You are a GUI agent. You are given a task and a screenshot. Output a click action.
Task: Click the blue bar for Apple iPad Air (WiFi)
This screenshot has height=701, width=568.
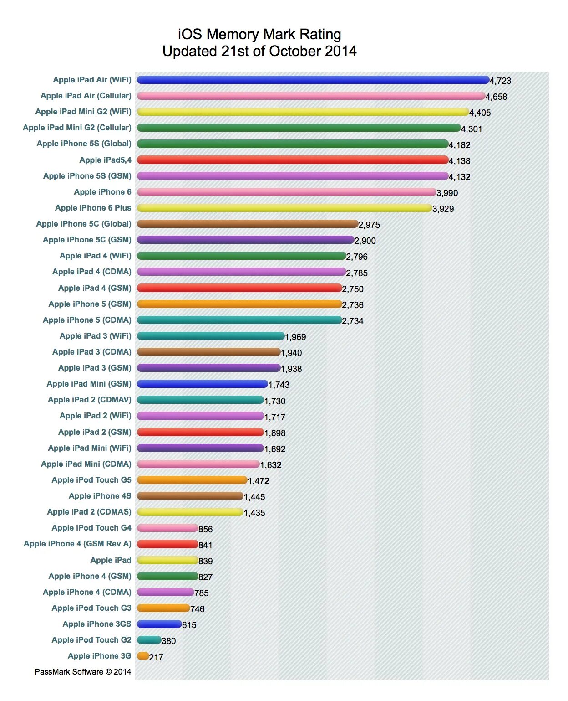tap(313, 80)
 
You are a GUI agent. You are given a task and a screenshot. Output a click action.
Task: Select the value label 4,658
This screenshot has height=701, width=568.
tap(496, 97)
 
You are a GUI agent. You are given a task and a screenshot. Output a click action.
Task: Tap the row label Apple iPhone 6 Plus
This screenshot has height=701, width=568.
tap(93, 208)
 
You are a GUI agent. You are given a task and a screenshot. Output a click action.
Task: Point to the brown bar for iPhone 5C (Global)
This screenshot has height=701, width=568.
tap(248, 224)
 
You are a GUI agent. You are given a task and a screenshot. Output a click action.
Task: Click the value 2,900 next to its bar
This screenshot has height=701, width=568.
tap(365, 241)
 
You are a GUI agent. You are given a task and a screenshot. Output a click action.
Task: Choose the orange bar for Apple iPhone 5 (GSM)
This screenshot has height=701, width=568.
tap(239, 304)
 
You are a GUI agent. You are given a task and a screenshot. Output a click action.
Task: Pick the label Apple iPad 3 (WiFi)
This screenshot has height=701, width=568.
tap(95, 336)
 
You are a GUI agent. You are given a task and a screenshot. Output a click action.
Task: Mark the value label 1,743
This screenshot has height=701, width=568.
tap(279, 385)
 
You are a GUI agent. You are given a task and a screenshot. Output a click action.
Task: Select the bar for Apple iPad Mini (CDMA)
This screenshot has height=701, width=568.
tap(198, 464)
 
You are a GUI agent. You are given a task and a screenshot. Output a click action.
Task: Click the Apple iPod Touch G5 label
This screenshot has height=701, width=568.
tap(91, 480)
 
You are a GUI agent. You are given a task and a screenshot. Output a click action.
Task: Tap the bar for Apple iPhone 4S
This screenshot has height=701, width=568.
tap(190, 496)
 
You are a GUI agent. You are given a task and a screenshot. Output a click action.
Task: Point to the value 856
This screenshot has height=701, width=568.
tap(206, 529)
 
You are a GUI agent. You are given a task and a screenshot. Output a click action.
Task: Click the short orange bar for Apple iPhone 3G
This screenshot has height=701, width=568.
tap(143, 656)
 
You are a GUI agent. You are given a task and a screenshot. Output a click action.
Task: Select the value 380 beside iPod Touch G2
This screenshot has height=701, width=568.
tap(169, 641)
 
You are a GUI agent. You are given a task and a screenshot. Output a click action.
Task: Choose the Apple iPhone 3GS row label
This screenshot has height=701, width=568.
tap(96, 624)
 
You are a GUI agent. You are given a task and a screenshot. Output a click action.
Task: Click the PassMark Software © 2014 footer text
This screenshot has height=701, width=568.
tap(83, 672)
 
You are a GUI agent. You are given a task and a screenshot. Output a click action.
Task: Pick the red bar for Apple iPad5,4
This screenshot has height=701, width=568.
tap(293, 160)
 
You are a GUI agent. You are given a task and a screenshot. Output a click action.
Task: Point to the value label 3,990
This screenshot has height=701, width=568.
tap(447, 193)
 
